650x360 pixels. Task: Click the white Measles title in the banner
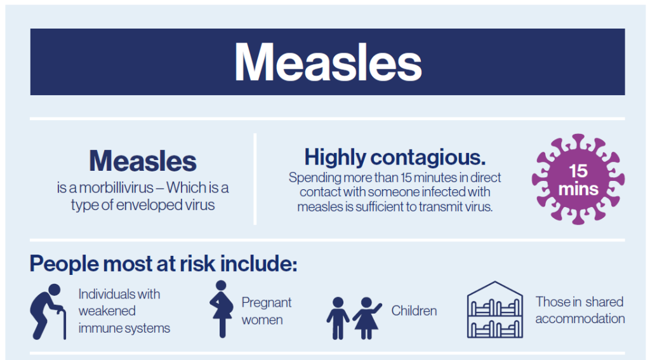click(x=328, y=63)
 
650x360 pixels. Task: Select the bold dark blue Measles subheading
click(x=143, y=161)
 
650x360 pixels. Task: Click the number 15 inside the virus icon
click(x=578, y=171)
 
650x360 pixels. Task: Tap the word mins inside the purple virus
click(x=578, y=189)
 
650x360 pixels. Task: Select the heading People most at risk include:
click(x=163, y=263)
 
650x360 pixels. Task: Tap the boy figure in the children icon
click(x=338, y=317)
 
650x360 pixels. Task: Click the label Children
click(x=414, y=311)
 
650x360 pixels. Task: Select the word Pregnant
click(x=267, y=302)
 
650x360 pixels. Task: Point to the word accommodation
click(x=580, y=319)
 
